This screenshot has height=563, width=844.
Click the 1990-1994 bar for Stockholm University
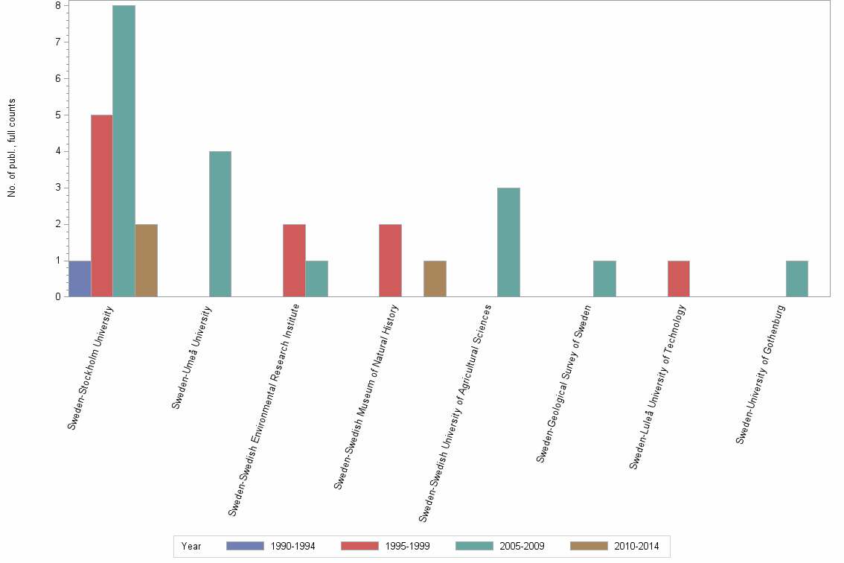(80, 279)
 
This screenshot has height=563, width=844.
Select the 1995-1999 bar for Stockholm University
(101, 206)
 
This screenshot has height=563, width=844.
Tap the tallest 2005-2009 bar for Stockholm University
(124, 151)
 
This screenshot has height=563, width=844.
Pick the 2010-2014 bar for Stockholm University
(146, 260)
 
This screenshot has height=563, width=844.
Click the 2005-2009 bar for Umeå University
(220, 223)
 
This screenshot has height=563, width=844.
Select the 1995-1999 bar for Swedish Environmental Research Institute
(294, 260)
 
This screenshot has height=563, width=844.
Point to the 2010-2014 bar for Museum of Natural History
(435, 279)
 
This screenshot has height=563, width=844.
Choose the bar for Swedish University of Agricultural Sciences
(508, 242)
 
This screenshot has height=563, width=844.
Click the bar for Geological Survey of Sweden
(604, 279)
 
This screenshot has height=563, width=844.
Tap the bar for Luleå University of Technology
(679, 279)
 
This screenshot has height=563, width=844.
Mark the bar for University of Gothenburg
(797, 279)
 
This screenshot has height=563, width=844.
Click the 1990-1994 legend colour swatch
(245, 546)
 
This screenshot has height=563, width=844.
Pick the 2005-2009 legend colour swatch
(474, 546)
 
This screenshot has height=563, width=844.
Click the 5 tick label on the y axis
(57, 115)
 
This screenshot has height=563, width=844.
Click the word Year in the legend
(191, 546)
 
